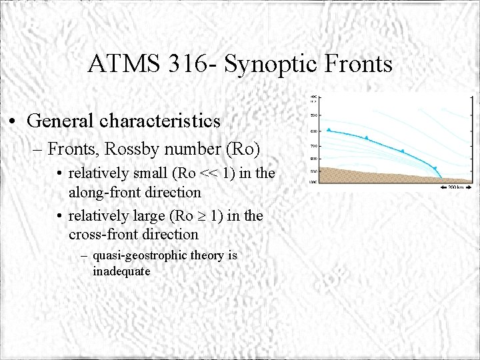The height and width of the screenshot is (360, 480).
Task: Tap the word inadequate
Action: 121,271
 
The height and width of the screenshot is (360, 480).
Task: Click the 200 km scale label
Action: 457,187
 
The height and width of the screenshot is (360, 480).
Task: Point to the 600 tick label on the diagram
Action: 313,131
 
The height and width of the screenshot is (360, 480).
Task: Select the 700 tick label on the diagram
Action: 313,146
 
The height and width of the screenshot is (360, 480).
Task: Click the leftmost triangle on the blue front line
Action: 329,130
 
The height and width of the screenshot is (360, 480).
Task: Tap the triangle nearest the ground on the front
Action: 435,169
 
